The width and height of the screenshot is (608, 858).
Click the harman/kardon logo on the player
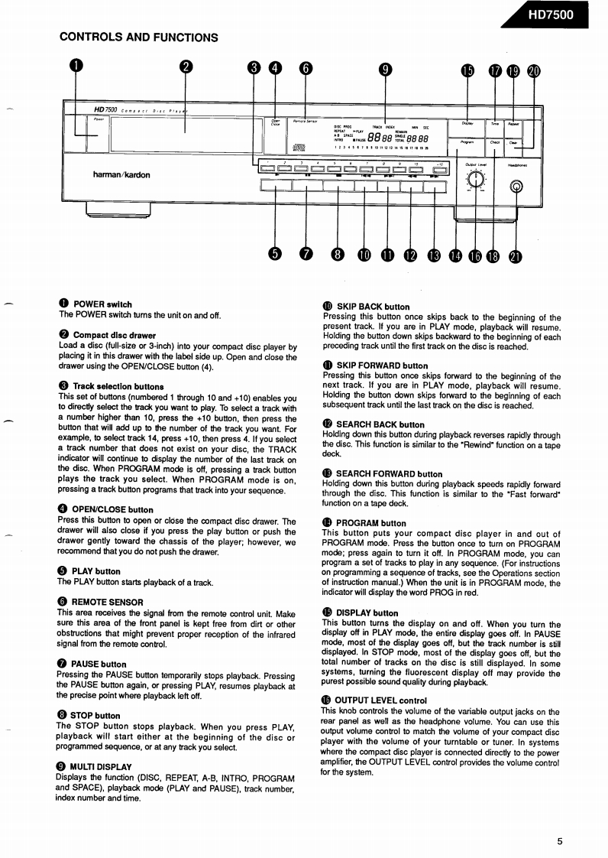tap(121, 174)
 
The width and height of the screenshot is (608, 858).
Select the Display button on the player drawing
tap(467, 123)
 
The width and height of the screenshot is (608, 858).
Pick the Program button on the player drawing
tap(467, 141)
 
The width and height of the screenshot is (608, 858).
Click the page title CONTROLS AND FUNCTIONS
tap(138, 37)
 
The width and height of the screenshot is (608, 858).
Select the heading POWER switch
tap(102, 304)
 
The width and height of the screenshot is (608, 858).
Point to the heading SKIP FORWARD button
tap(382, 366)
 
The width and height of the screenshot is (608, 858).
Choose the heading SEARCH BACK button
tap(380, 424)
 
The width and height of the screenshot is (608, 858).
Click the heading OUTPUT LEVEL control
tap(380, 700)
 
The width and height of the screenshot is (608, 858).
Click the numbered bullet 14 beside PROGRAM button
tap(328, 523)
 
